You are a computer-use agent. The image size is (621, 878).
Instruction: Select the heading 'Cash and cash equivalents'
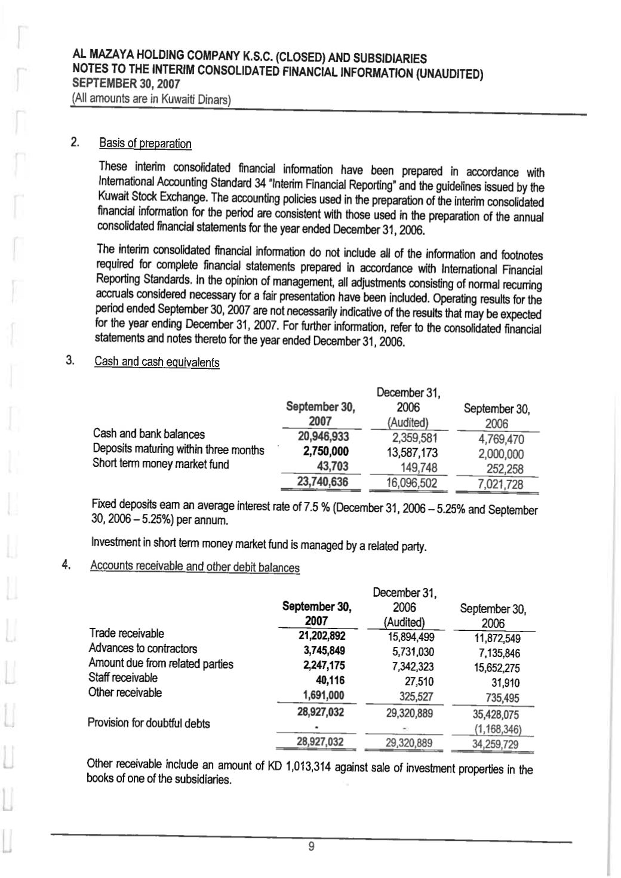(x=157, y=362)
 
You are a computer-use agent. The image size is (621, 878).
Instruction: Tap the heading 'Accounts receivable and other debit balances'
(x=195, y=566)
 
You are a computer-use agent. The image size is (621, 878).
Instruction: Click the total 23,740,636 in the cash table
(x=323, y=481)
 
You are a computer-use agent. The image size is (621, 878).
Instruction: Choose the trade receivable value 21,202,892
(x=321, y=635)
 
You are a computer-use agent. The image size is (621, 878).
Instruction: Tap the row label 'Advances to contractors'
(x=143, y=648)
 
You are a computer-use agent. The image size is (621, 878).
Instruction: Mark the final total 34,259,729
(x=495, y=744)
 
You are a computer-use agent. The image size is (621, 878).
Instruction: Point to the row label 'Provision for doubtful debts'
(x=149, y=723)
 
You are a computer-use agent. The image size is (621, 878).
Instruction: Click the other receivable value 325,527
(x=416, y=697)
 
